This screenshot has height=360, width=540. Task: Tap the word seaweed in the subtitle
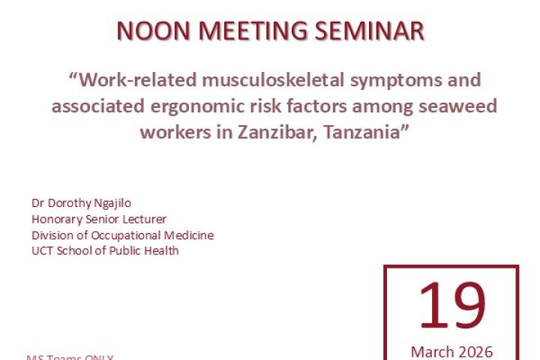(x=457, y=106)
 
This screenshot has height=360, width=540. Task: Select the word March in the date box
(x=431, y=351)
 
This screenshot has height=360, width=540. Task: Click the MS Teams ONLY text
(x=70, y=357)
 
